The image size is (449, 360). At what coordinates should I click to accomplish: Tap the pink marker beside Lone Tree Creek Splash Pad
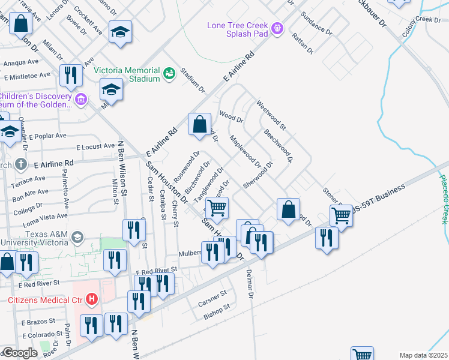277,28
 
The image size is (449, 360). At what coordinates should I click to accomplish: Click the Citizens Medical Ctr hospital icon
91,298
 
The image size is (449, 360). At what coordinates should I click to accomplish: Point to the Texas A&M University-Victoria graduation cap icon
77,238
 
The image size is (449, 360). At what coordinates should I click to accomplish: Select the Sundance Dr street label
316,22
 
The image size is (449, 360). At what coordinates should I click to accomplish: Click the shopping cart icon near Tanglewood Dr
217,208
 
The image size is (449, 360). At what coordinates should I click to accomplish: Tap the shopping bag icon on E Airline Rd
200,124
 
